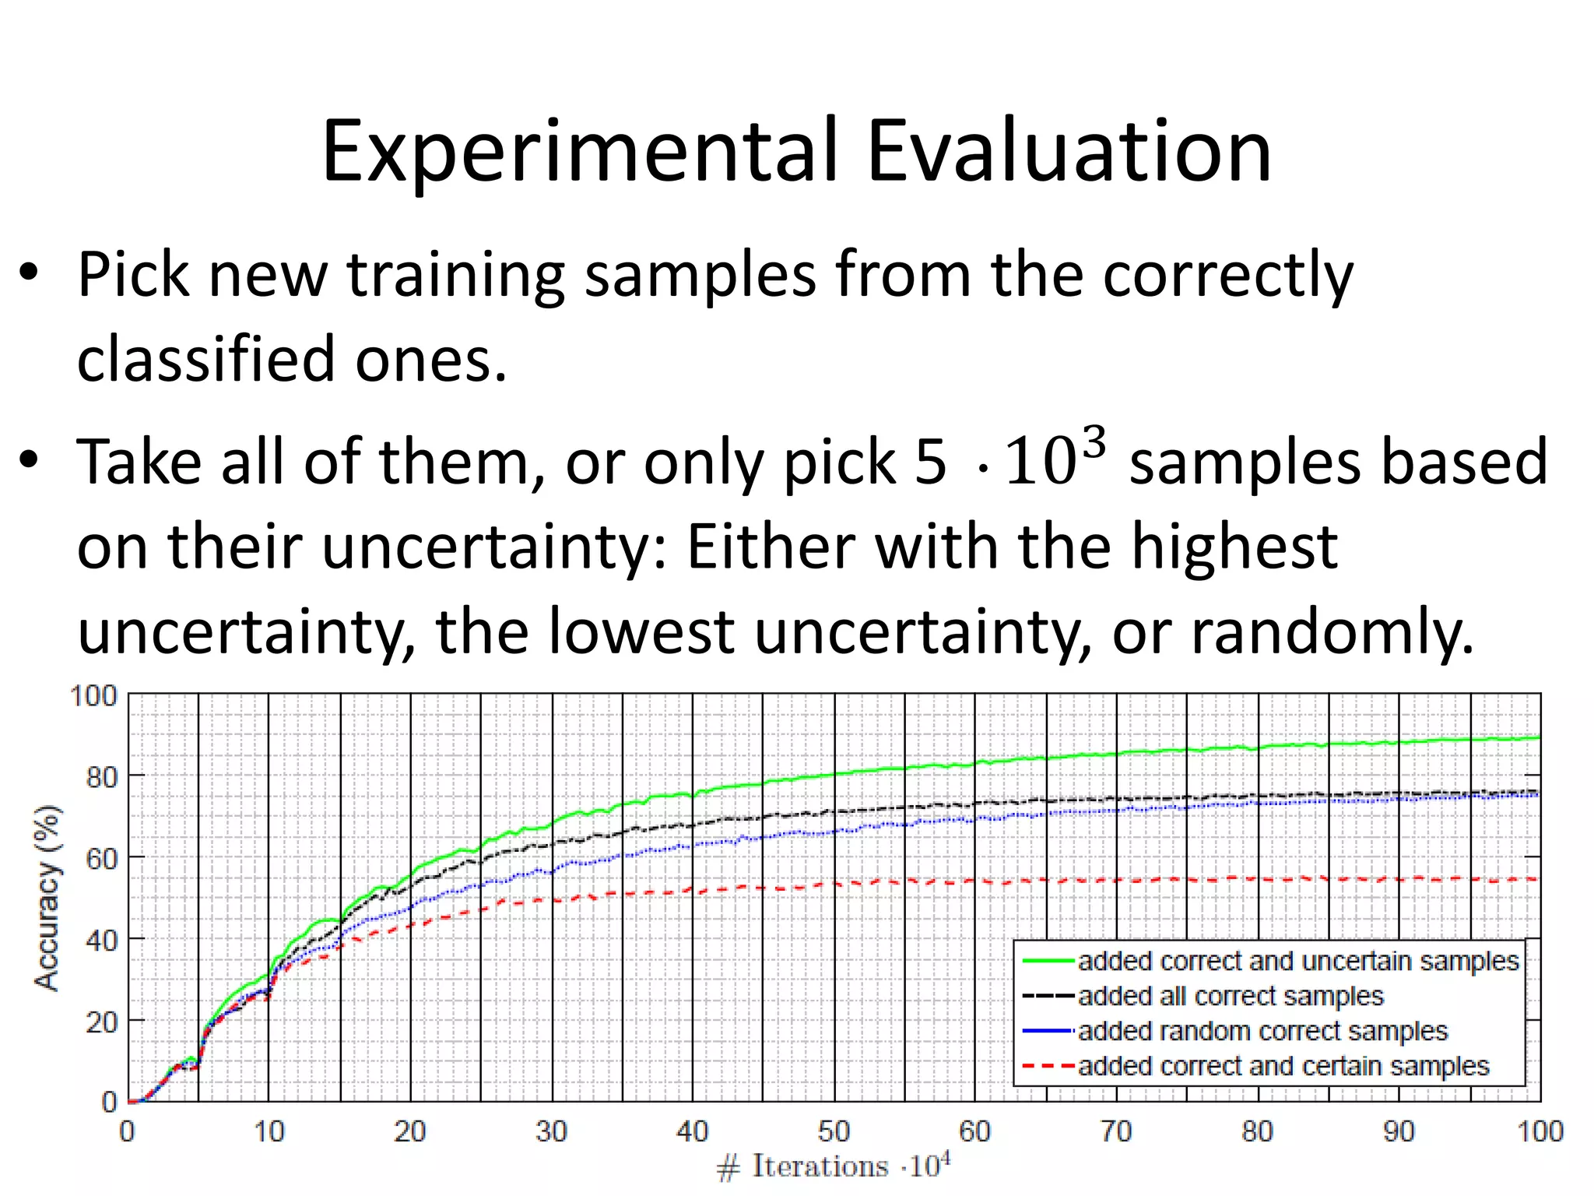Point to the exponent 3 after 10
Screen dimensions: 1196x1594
coord(1094,443)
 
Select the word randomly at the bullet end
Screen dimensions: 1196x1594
coord(1332,631)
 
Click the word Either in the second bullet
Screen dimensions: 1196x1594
coord(771,547)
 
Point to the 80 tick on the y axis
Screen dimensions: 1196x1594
coord(101,777)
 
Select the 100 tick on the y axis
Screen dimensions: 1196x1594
coord(94,695)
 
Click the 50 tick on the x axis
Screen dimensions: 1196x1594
coord(834,1131)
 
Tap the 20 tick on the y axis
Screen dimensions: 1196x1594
coord(101,1022)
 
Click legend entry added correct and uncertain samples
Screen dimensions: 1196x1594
coord(1297,961)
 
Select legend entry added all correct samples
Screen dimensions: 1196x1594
coord(1230,996)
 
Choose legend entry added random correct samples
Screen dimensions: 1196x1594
coord(1262,1031)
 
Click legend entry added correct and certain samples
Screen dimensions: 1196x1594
coord(1283,1066)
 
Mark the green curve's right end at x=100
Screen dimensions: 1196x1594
coord(1537,737)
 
